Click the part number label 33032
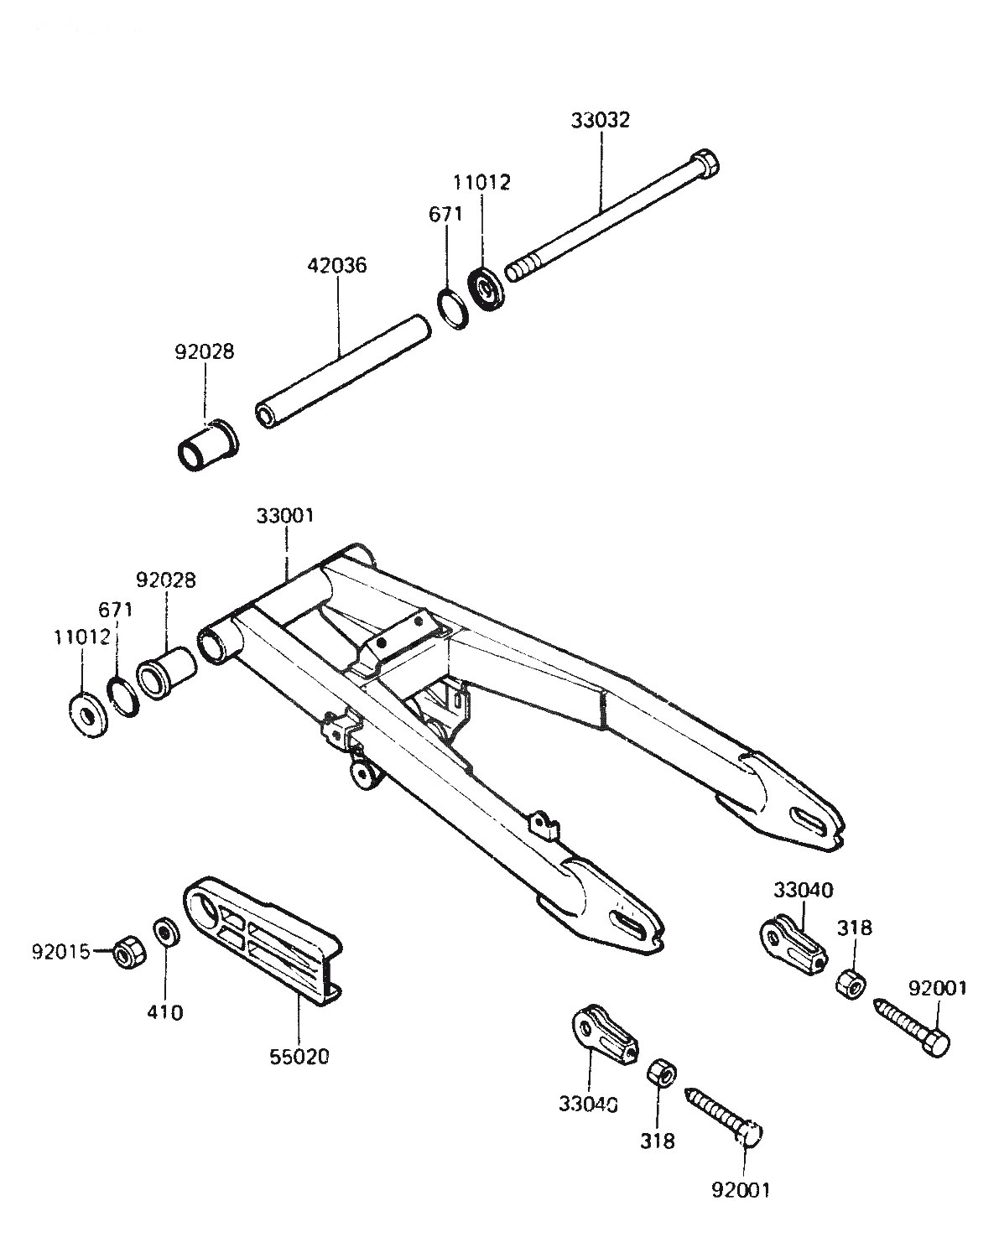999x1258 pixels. point(601,120)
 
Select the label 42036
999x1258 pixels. point(337,265)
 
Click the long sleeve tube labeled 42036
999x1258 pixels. point(343,372)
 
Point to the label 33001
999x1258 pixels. point(285,516)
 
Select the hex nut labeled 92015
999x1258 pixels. point(128,953)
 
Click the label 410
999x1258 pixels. point(165,1012)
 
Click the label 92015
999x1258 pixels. point(61,952)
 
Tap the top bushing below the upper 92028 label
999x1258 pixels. point(208,445)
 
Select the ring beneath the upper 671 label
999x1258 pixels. point(453,308)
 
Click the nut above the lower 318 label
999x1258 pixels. point(662,1073)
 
